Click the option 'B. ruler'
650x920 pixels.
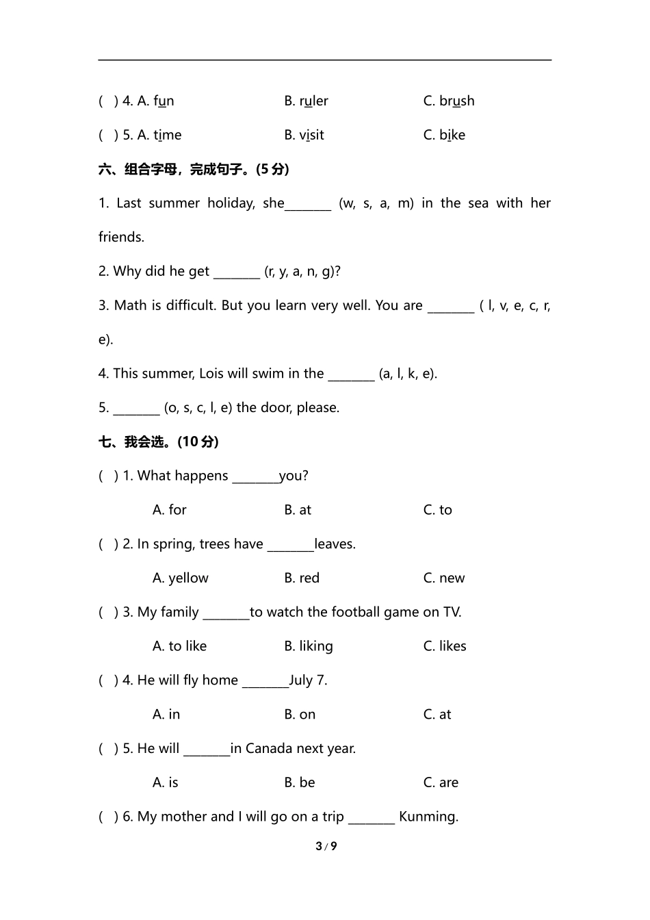click(306, 101)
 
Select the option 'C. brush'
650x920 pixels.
click(448, 101)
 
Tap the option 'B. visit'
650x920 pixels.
click(304, 136)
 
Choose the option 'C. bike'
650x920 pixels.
click(444, 136)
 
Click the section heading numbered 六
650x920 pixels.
click(194, 169)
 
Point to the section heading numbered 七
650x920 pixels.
click(158, 442)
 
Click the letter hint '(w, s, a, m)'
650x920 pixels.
click(376, 203)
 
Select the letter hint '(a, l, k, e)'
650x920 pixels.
click(407, 374)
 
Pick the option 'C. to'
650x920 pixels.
click(437, 510)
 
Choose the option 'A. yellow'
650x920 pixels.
click(180, 578)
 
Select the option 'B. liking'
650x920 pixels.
click(309, 646)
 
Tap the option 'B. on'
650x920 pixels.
click(300, 715)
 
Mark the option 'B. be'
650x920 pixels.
click(300, 782)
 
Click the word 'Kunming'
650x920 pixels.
click(428, 817)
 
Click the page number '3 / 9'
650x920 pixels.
click(326, 847)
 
